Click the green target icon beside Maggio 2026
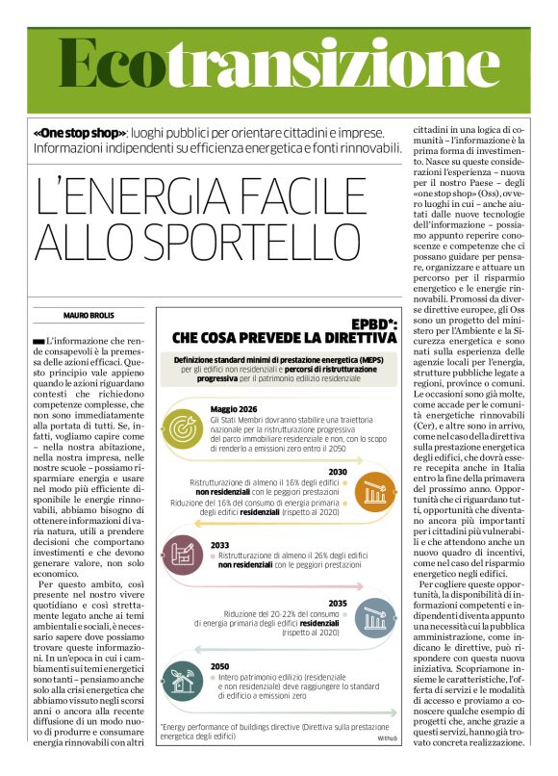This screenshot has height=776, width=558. coord(183,425)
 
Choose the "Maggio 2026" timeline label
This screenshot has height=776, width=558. coord(233,408)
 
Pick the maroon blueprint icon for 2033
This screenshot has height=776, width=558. coord(183,554)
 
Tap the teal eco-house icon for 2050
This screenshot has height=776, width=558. coord(183,679)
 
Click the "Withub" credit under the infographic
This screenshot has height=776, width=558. coord(387,737)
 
